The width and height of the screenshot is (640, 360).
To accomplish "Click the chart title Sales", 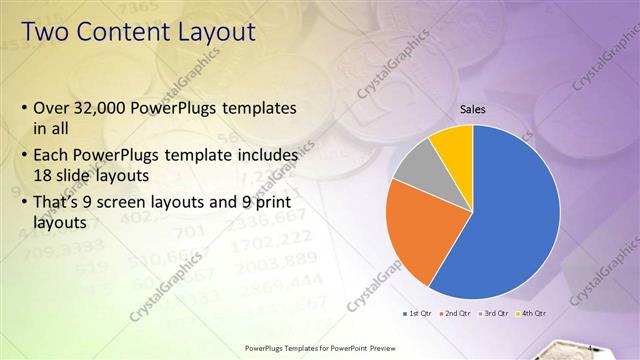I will click(473, 108).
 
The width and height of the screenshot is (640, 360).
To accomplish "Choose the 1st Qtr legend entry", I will click(418, 313).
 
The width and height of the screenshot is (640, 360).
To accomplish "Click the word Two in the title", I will click(47, 32).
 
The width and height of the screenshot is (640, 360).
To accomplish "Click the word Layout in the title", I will click(218, 32).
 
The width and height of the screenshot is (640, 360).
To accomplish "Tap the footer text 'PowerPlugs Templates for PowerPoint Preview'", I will click(319, 349).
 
